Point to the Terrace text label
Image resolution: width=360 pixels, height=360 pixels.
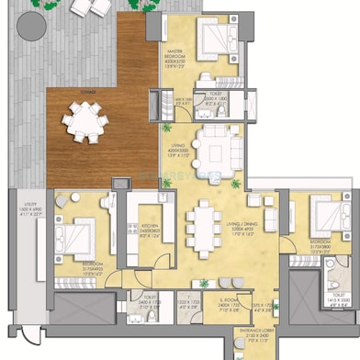pyautogui.click(x=90, y=90)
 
